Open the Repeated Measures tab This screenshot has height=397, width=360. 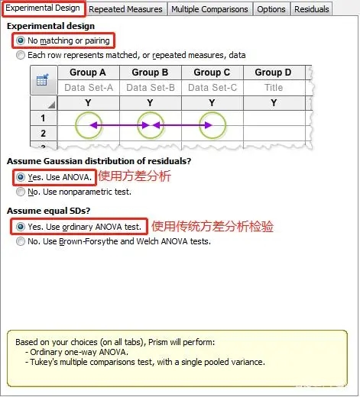point(126,9)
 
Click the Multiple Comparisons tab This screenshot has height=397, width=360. point(209,9)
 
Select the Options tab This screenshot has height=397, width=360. point(271,9)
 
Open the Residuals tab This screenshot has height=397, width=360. point(311,9)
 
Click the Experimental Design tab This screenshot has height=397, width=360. point(44,8)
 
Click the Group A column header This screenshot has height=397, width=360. point(88,73)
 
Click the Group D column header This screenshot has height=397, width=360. point(273,73)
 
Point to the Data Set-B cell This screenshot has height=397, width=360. point(150,87)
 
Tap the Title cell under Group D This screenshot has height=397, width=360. point(273,87)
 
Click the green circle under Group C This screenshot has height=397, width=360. point(212,124)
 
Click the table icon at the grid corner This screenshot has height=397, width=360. point(43,79)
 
